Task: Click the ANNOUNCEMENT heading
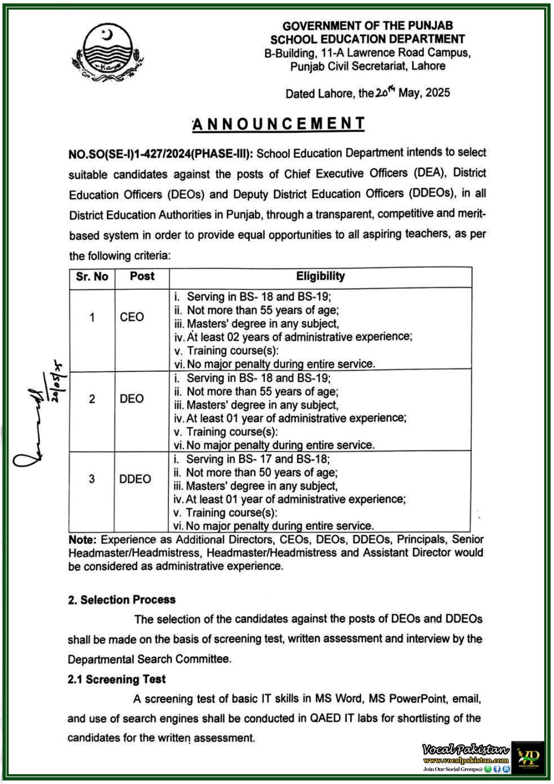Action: pyautogui.click(x=278, y=124)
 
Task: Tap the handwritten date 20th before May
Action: pyautogui.click(x=385, y=93)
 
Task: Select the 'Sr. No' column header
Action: pyautogui.click(x=92, y=277)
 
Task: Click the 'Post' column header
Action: pyautogui.click(x=142, y=276)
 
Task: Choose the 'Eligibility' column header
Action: pyautogui.click(x=320, y=276)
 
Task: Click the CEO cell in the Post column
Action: pyautogui.click(x=132, y=317)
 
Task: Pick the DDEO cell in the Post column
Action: pyautogui.click(x=135, y=479)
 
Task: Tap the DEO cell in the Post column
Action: pyautogui.click(x=132, y=399)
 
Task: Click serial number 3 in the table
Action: pyautogui.click(x=92, y=479)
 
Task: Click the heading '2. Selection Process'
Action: pyautogui.click(x=121, y=600)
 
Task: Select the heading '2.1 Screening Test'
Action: pyautogui.click(x=117, y=679)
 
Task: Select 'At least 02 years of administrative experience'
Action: pyautogui.click(x=299, y=337)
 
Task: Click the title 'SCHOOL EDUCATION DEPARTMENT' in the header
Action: pyautogui.click(x=367, y=39)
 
